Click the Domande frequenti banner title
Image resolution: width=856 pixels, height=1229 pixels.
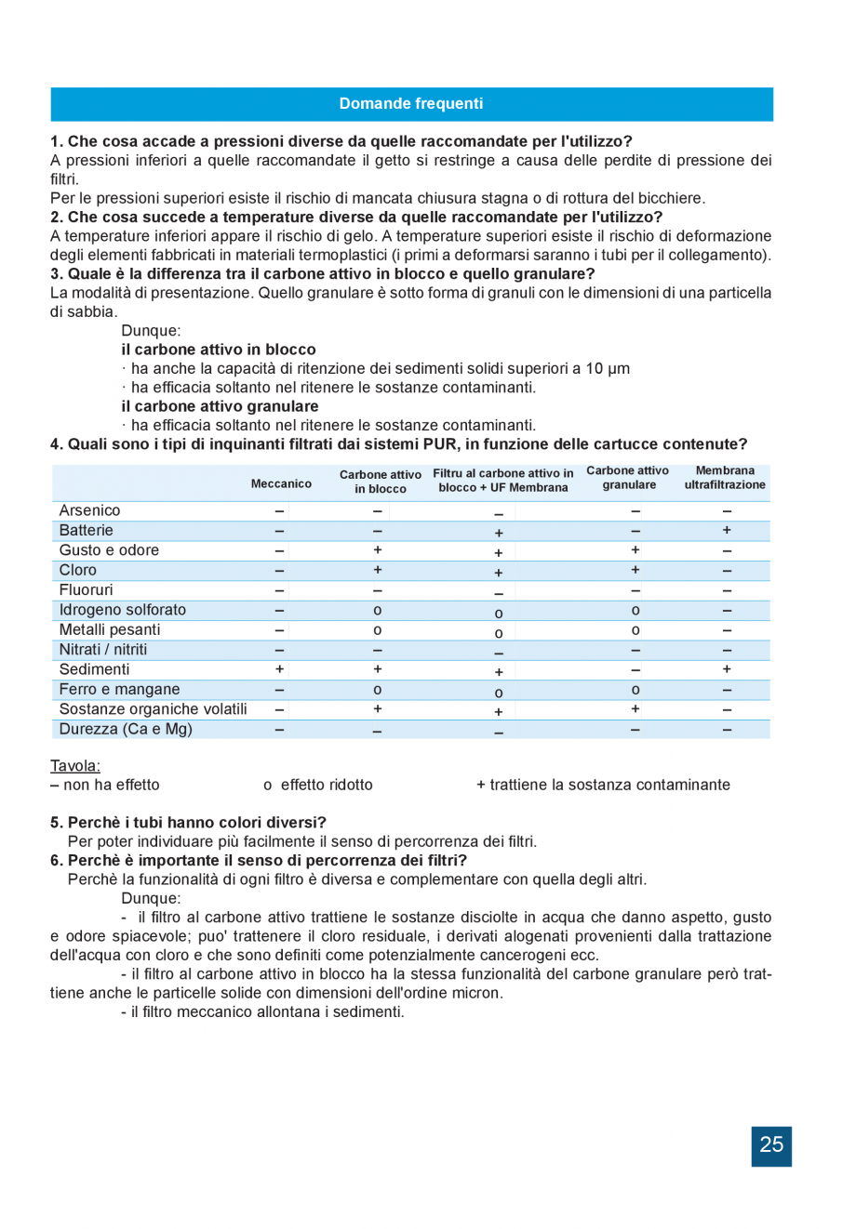tap(410, 104)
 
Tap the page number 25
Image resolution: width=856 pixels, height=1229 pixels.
tap(771, 1145)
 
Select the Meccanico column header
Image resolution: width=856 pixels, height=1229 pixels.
tap(281, 483)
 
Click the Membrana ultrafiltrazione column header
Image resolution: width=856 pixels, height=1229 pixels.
tap(725, 478)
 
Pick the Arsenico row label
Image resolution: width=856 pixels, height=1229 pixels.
tap(89, 510)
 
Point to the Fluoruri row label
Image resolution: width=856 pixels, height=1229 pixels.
tap(86, 590)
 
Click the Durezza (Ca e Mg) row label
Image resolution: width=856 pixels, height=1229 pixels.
tap(126, 730)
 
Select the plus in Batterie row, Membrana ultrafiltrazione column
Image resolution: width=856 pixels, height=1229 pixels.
tap(727, 530)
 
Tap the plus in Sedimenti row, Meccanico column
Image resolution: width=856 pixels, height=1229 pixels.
tap(279, 669)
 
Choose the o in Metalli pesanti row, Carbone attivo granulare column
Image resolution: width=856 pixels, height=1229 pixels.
tap(635, 630)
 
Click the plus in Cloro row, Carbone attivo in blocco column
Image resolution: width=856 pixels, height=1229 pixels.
tap(377, 570)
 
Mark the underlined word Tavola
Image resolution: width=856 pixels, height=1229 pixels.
tap(74, 766)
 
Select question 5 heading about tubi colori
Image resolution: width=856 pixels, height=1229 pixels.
tap(188, 823)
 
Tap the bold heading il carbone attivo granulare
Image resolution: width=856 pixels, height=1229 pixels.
tap(220, 406)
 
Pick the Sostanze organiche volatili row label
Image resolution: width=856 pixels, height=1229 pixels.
tap(153, 709)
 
